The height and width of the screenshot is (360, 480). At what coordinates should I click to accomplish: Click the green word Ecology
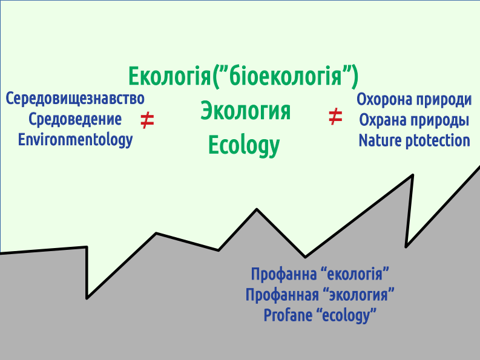tap(244, 146)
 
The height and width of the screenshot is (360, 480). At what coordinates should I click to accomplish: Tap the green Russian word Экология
tap(245, 111)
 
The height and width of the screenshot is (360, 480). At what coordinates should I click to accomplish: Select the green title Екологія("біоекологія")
tap(243, 76)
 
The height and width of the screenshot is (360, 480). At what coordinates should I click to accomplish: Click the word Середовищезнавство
tap(75, 99)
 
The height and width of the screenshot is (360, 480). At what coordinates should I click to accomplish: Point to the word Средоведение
tap(75, 120)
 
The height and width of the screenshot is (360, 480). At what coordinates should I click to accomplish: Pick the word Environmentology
tap(75, 140)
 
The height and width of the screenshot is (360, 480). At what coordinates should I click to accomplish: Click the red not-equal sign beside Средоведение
tap(147, 120)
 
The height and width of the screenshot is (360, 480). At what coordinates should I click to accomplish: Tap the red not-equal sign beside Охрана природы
tap(335, 117)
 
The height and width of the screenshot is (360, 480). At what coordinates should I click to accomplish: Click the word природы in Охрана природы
tap(439, 120)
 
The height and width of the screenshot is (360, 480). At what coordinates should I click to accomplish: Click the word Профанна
tap(284, 274)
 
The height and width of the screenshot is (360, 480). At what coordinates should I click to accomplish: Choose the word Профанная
tap(282, 295)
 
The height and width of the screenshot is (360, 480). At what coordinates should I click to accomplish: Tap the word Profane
tap(288, 315)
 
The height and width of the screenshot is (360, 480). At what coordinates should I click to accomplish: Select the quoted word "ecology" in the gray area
tap(346, 316)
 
